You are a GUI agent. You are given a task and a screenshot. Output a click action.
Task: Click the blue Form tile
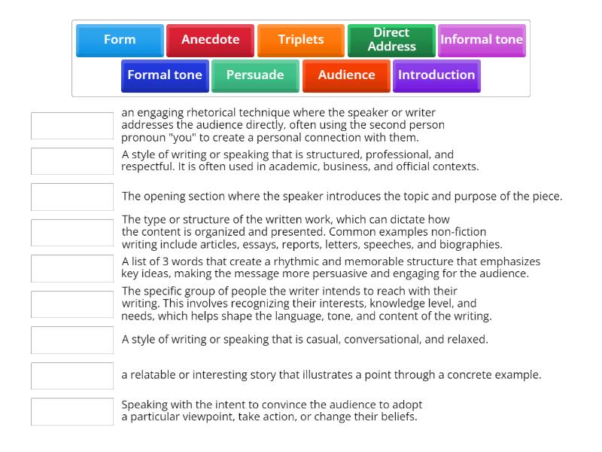click(120, 40)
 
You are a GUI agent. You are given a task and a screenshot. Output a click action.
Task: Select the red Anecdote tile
click(210, 40)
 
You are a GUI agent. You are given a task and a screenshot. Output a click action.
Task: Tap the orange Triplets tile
click(300, 40)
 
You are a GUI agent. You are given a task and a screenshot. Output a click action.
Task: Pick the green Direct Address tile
click(391, 40)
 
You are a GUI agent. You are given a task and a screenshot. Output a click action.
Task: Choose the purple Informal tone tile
click(482, 40)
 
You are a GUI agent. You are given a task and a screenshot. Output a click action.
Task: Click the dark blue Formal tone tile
click(165, 75)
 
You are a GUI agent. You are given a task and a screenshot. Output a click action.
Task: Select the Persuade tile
click(255, 75)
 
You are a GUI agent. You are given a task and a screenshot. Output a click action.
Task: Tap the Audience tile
click(346, 75)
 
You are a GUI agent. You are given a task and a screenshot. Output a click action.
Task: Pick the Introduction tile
click(436, 75)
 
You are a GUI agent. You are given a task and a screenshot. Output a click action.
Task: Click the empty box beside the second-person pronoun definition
click(72, 126)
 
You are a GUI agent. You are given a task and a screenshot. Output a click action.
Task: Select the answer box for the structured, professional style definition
click(72, 161)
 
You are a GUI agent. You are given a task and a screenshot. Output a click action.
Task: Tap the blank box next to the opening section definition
click(72, 197)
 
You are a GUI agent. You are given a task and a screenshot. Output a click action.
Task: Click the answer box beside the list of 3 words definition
click(72, 268)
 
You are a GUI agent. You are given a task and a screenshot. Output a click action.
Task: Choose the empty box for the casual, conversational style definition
click(72, 340)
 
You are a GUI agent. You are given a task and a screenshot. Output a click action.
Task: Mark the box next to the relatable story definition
click(72, 375)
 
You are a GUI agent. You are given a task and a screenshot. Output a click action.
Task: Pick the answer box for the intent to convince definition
click(72, 411)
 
